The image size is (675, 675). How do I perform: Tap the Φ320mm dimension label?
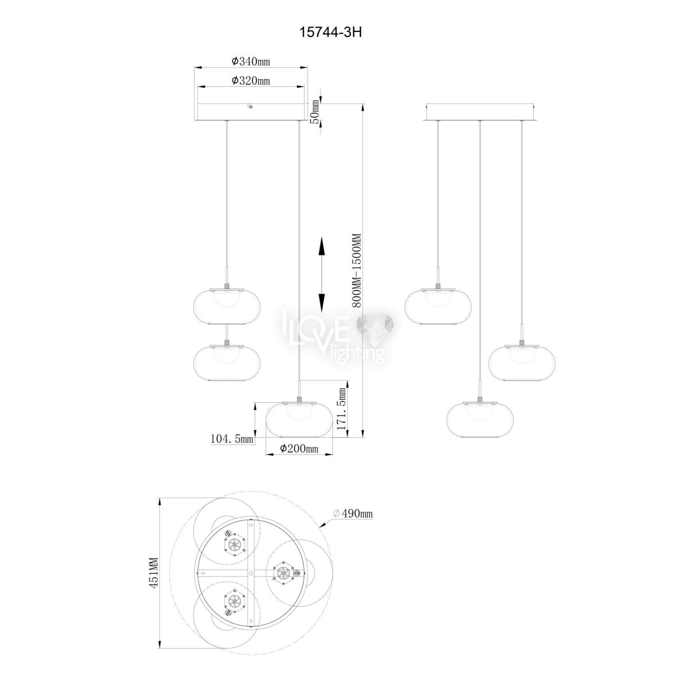coord(251,81)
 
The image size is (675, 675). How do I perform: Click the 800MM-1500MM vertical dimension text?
coord(358,270)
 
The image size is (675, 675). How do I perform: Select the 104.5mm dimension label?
coord(232,438)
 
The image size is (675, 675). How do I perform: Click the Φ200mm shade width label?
coord(299,448)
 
